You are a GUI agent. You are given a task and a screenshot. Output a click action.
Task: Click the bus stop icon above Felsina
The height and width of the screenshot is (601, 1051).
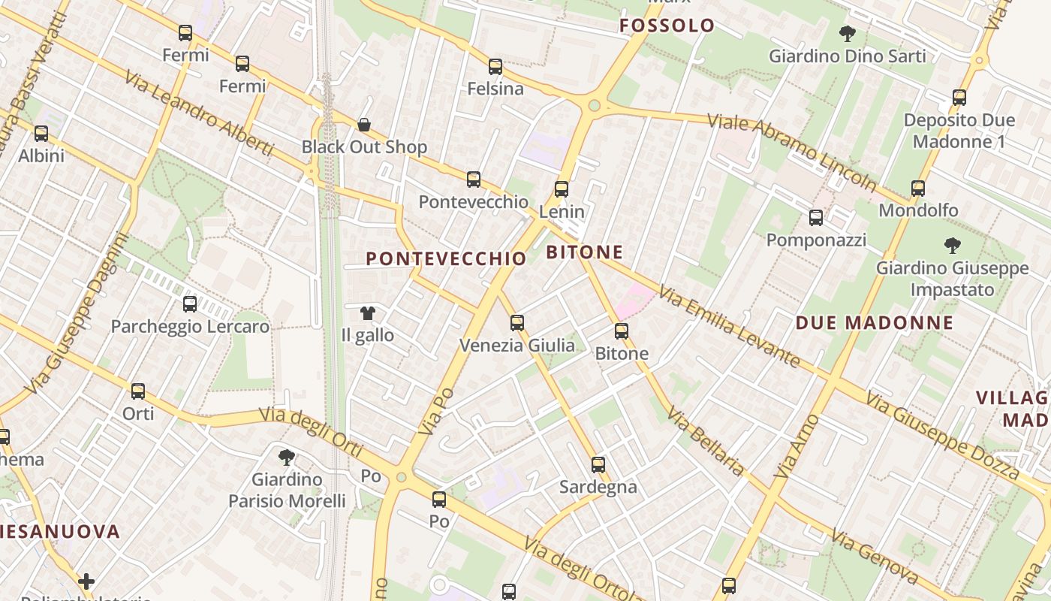pyautogui.click(x=495, y=67)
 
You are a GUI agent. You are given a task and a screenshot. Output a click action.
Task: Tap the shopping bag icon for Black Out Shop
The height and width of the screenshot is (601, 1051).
pyautogui.click(x=364, y=125)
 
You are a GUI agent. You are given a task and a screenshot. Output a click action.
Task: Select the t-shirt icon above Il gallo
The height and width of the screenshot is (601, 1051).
pyautogui.click(x=367, y=313)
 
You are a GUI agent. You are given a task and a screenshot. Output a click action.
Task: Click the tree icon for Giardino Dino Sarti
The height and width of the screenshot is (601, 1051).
pyautogui.click(x=848, y=34)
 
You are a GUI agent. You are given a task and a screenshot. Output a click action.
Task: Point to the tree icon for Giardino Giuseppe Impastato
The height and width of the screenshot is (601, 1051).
pyautogui.click(x=953, y=246)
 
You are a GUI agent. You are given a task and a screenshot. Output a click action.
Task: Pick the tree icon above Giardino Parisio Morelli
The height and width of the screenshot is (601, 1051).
pyautogui.click(x=286, y=458)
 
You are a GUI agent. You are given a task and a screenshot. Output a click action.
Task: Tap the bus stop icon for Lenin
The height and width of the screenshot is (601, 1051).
pyautogui.click(x=562, y=189)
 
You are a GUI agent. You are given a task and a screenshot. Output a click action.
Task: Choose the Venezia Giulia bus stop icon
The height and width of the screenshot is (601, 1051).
pyautogui.click(x=517, y=323)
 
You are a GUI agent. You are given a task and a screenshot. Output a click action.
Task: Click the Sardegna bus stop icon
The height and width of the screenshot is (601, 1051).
pyautogui.click(x=598, y=465)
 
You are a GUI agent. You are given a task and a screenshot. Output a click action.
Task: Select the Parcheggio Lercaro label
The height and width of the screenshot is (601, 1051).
pyautogui.click(x=190, y=327)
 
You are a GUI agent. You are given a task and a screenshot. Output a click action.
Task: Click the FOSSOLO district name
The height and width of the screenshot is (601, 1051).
pyautogui.click(x=667, y=26)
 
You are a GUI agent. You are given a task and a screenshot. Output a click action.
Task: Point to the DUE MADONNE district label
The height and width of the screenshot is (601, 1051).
pyautogui.click(x=875, y=323)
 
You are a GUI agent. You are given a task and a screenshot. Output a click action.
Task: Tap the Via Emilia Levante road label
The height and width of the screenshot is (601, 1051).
pyautogui.click(x=729, y=327)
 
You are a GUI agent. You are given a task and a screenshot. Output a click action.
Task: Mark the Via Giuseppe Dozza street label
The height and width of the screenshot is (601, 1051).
pyautogui.click(x=942, y=435)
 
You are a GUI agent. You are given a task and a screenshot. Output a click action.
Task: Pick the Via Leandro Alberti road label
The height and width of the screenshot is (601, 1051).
pyautogui.click(x=199, y=113)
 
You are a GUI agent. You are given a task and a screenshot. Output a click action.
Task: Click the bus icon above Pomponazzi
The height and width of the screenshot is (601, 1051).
pyautogui.click(x=816, y=218)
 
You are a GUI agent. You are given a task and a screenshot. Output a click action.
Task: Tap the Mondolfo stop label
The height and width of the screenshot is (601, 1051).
pyautogui.click(x=918, y=210)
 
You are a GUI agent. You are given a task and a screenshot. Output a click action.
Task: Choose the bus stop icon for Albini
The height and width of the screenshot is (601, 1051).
pyautogui.click(x=41, y=134)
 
